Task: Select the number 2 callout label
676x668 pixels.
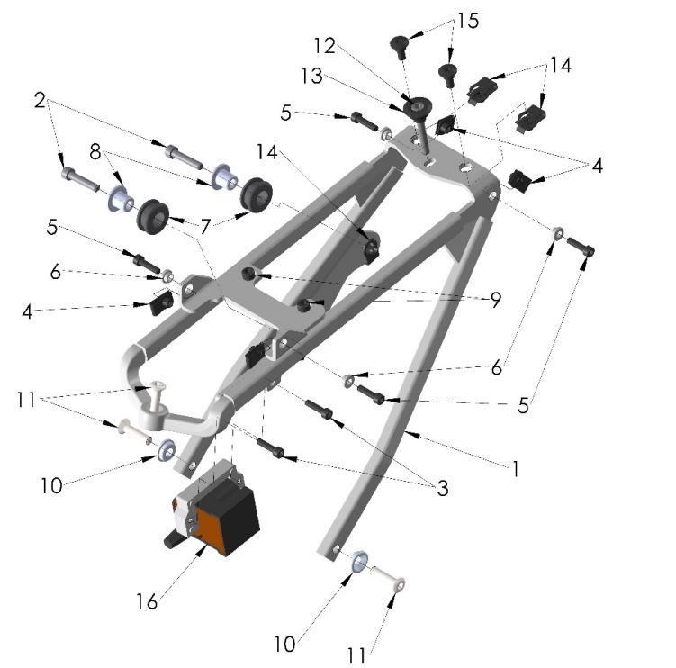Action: click(40, 101)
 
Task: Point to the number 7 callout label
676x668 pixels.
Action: click(207, 229)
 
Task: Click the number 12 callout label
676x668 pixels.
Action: click(324, 44)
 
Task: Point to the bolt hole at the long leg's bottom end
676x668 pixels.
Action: click(335, 549)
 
